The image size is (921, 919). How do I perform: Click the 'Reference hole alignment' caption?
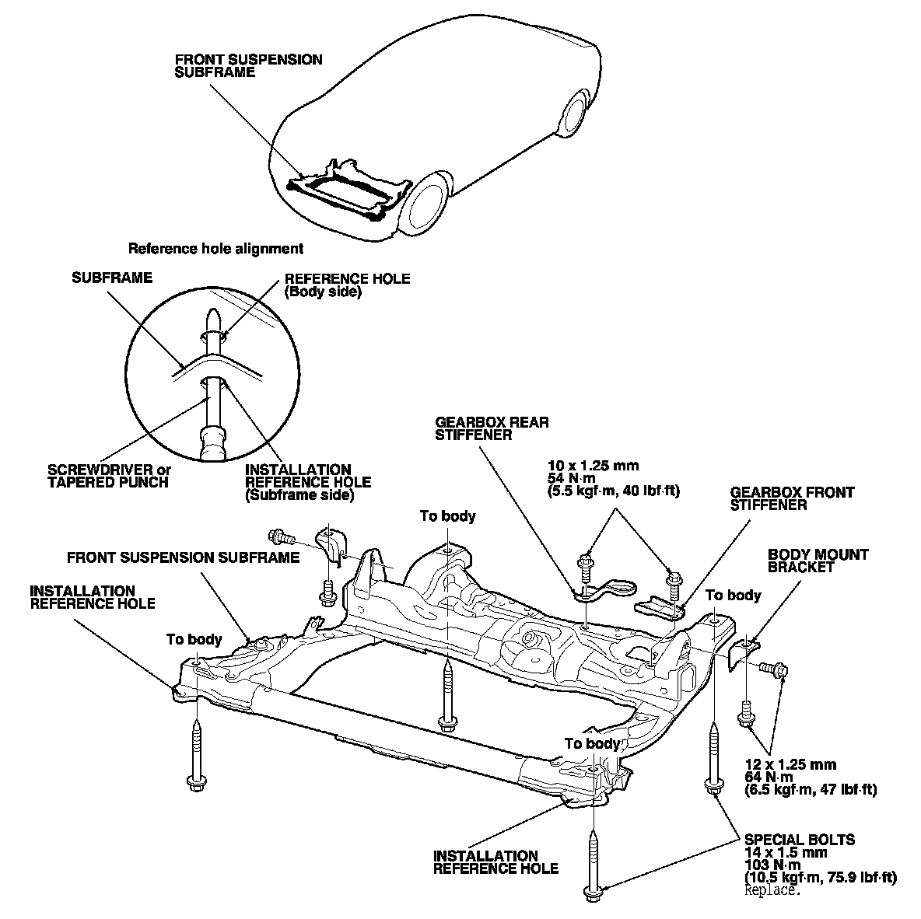pyautogui.click(x=215, y=250)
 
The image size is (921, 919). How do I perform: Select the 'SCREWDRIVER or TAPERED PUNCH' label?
pyautogui.click(x=109, y=476)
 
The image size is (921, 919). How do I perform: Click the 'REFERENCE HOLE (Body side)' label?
pyautogui.click(x=347, y=285)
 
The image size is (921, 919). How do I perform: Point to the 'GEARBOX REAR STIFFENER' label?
pyautogui.click(x=492, y=428)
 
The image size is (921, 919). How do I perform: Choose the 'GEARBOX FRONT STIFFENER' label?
pyautogui.click(x=791, y=498)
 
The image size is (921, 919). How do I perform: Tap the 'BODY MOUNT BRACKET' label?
pyautogui.click(x=818, y=561)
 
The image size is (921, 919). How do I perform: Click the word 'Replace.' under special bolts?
pyautogui.click(x=772, y=890)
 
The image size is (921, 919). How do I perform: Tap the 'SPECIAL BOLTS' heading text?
pyautogui.click(x=799, y=840)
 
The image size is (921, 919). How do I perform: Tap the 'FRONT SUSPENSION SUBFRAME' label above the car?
pyautogui.click(x=248, y=65)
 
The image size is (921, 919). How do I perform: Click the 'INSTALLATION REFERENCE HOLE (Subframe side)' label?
pyautogui.click(x=307, y=482)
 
